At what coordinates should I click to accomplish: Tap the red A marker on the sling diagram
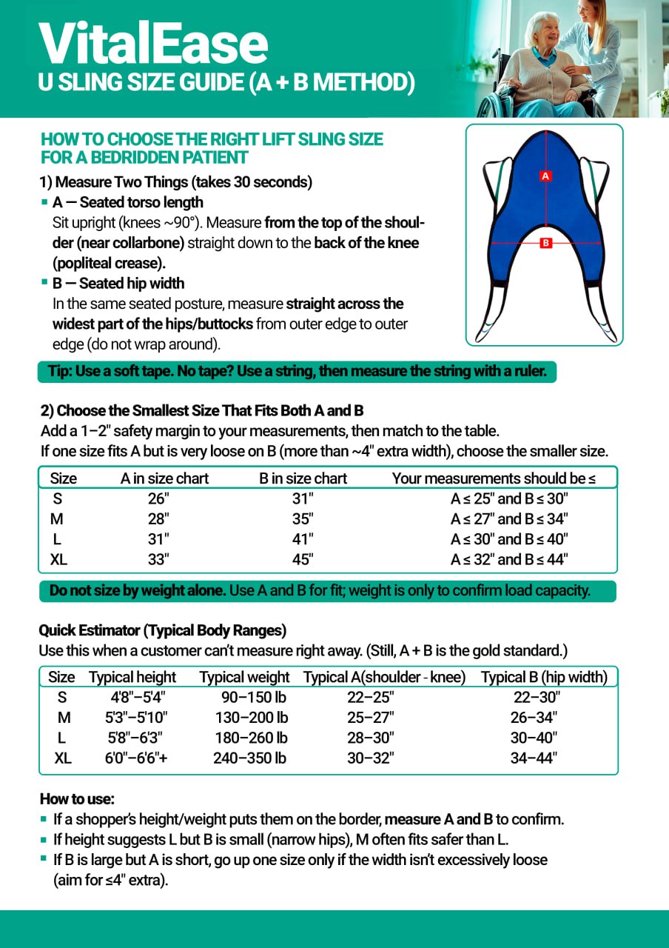coord(545,176)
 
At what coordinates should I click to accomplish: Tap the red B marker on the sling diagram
coord(545,243)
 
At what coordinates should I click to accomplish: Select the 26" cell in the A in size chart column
coord(158,499)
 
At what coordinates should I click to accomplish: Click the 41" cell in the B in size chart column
coord(303,539)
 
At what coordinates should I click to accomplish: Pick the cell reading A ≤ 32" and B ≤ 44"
coord(509,560)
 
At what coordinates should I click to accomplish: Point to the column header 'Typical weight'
coord(244,677)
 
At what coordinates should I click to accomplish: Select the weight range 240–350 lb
coord(250,758)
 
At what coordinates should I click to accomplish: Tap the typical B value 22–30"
coord(537,697)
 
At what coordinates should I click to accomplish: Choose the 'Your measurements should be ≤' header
coord(494,478)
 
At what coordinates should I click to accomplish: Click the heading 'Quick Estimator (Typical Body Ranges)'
coord(162,631)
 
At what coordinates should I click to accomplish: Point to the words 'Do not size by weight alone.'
coord(137,591)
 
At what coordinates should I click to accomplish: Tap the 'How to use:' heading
coord(77,799)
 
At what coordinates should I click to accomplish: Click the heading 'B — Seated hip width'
coord(118,284)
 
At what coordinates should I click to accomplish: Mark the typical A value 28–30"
coord(371,738)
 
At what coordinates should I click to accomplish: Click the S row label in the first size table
coord(57,499)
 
